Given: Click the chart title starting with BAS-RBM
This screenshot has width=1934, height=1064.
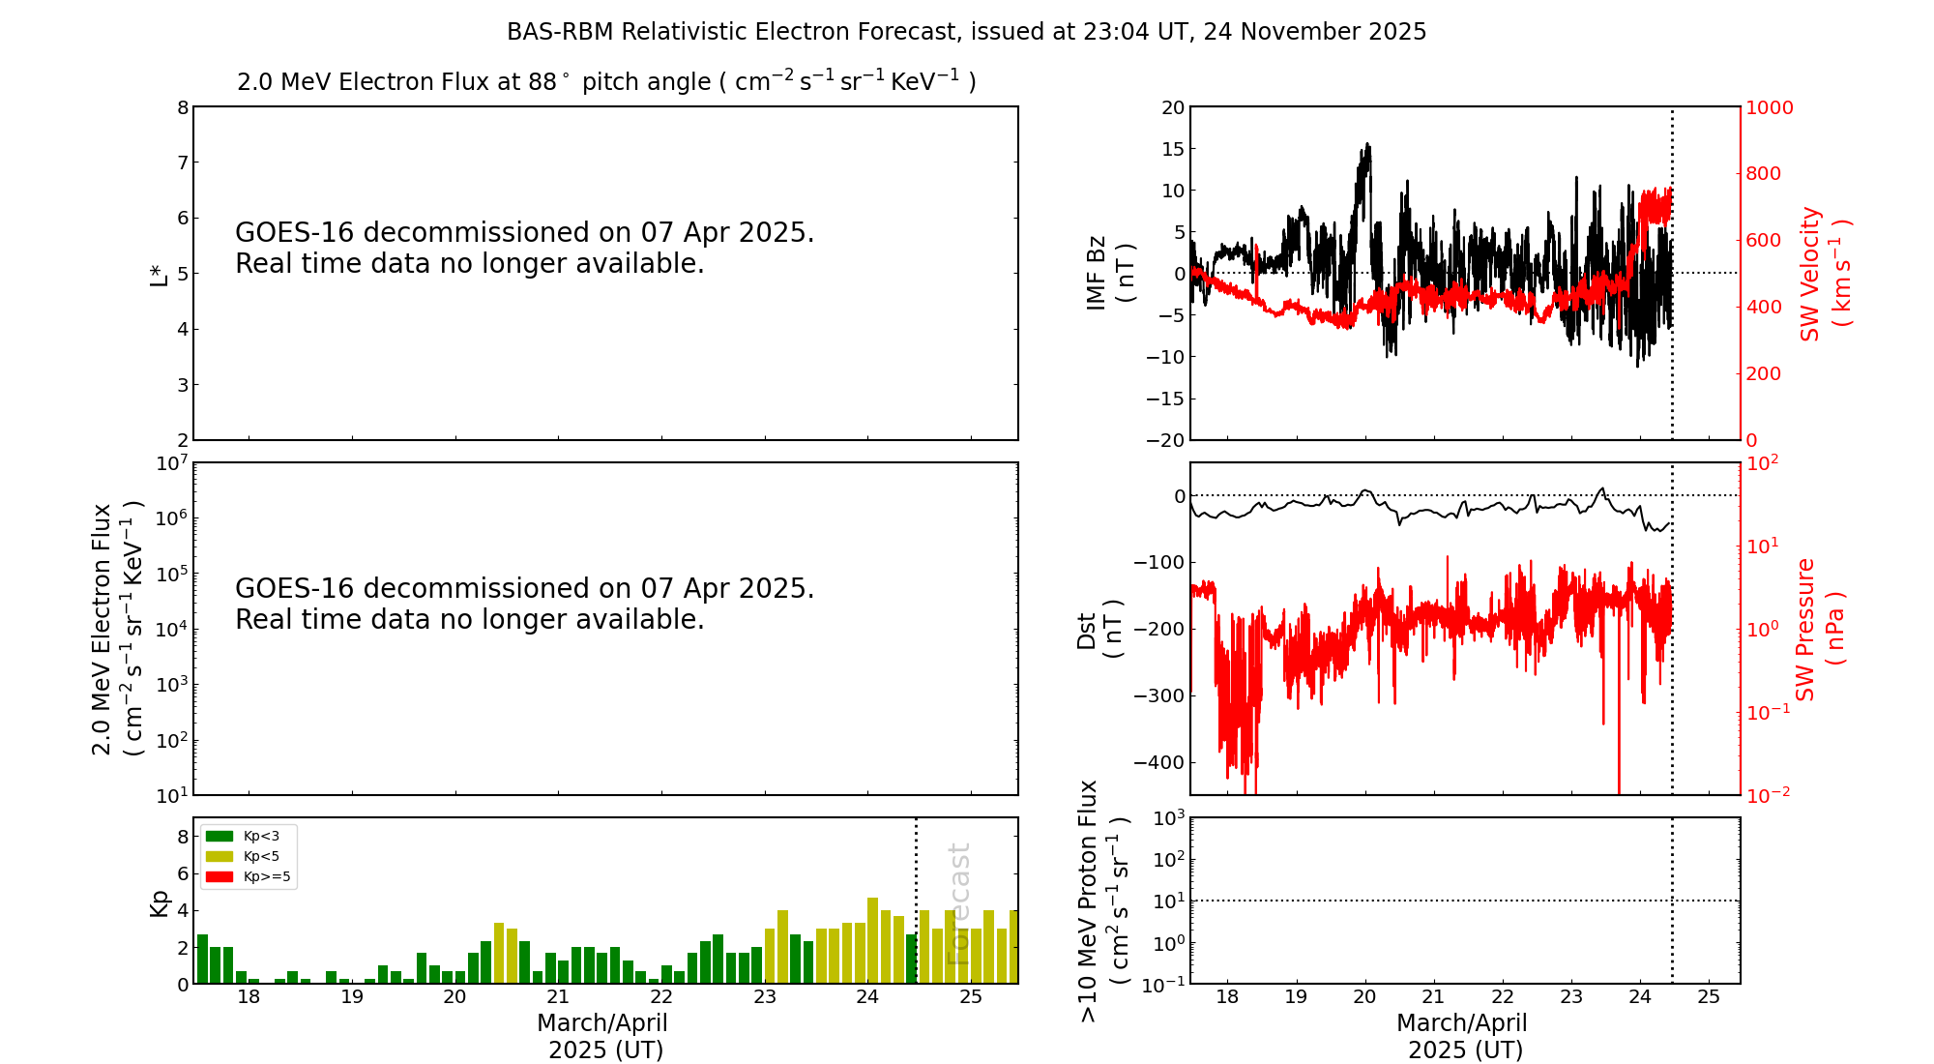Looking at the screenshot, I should tap(966, 32).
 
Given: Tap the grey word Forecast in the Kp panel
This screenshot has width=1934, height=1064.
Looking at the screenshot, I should tap(958, 903).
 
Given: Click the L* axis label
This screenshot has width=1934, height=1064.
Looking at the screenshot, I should tap(159, 274).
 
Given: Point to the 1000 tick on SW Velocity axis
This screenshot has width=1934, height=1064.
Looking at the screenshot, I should tap(1769, 107).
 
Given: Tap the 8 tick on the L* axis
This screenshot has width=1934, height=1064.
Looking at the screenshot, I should tap(183, 107).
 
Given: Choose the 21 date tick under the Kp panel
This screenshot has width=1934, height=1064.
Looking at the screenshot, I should tap(558, 997).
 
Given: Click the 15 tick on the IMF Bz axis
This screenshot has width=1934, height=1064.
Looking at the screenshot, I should tap(1171, 149).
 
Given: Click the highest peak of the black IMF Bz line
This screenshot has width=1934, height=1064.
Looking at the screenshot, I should tap(1367, 144).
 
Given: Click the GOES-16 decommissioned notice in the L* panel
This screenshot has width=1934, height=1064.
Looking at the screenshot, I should tap(524, 248).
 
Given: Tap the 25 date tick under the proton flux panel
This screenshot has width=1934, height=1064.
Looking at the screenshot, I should tap(1709, 997).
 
